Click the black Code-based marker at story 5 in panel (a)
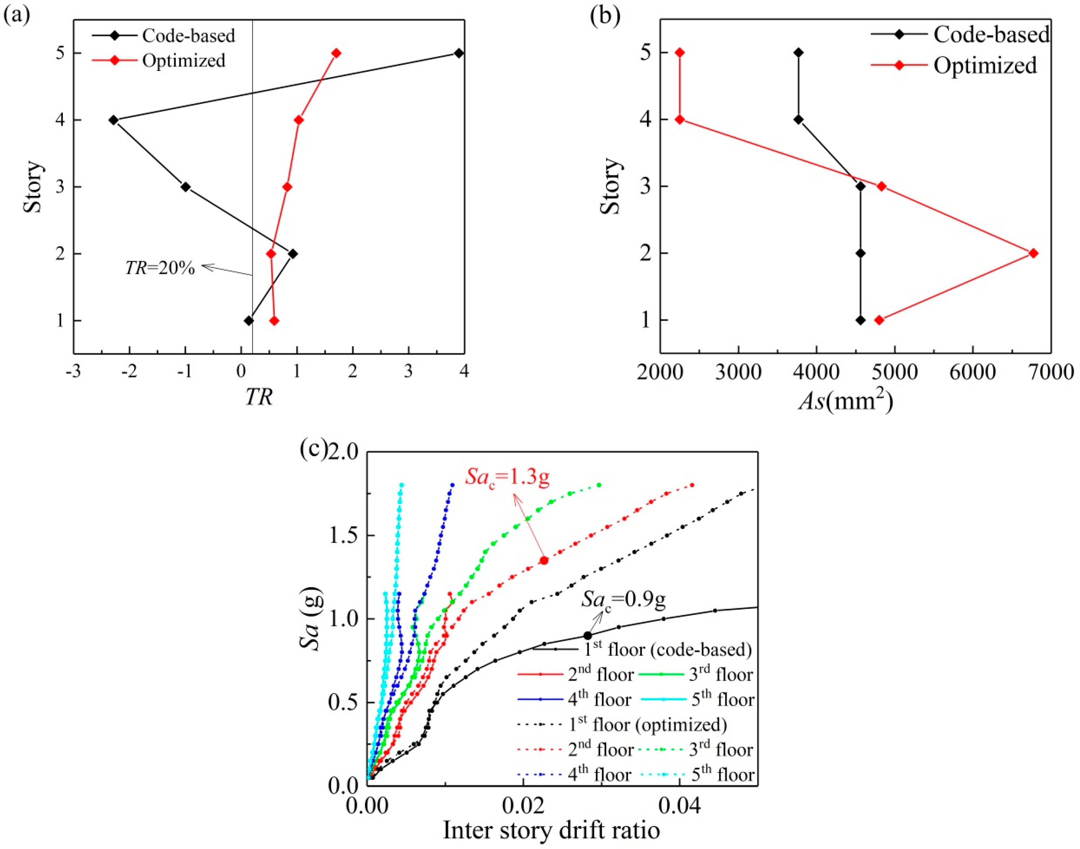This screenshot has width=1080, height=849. (x=459, y=53)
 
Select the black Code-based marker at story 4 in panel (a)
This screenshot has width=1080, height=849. (x=113, y=120)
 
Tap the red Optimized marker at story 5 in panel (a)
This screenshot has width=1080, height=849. (x=336, y=53)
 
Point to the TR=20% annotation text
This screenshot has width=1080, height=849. (x=160, y=268)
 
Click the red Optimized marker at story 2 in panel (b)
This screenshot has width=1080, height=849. (x=1033, y=253)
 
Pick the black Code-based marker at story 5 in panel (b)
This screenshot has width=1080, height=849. (x=798, y=52)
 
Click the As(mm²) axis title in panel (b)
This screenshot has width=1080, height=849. (x=846, y=400)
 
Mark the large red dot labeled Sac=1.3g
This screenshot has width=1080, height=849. (x=544, y=560)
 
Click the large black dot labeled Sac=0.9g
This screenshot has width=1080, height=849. (x=588, y=635)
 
